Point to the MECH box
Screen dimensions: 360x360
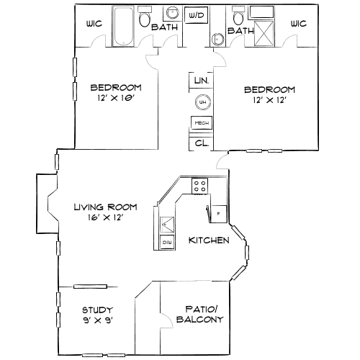click(201, 123)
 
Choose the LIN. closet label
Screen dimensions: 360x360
click(201, 81)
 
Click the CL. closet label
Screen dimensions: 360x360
click(201, 143)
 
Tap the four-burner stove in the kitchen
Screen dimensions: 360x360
click(199, 186)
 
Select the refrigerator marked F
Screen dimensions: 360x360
click(218, 213)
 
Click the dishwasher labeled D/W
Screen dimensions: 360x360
click(167, 243)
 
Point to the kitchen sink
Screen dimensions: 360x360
click(166, 224)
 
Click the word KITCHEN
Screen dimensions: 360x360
click(209, 240)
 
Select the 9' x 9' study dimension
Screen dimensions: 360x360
click(97, 320)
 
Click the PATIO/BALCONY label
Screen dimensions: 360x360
click(195, 315)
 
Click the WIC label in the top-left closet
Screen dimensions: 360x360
click(94, 23)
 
